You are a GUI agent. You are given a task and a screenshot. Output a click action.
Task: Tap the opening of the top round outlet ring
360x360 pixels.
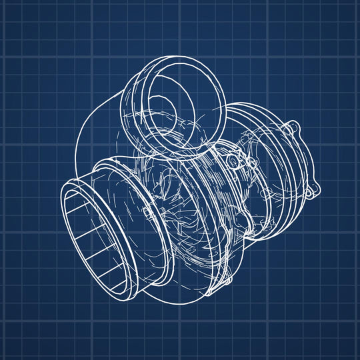pos(170,100)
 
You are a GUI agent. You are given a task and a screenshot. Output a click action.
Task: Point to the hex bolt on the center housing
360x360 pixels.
pos(231,161)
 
